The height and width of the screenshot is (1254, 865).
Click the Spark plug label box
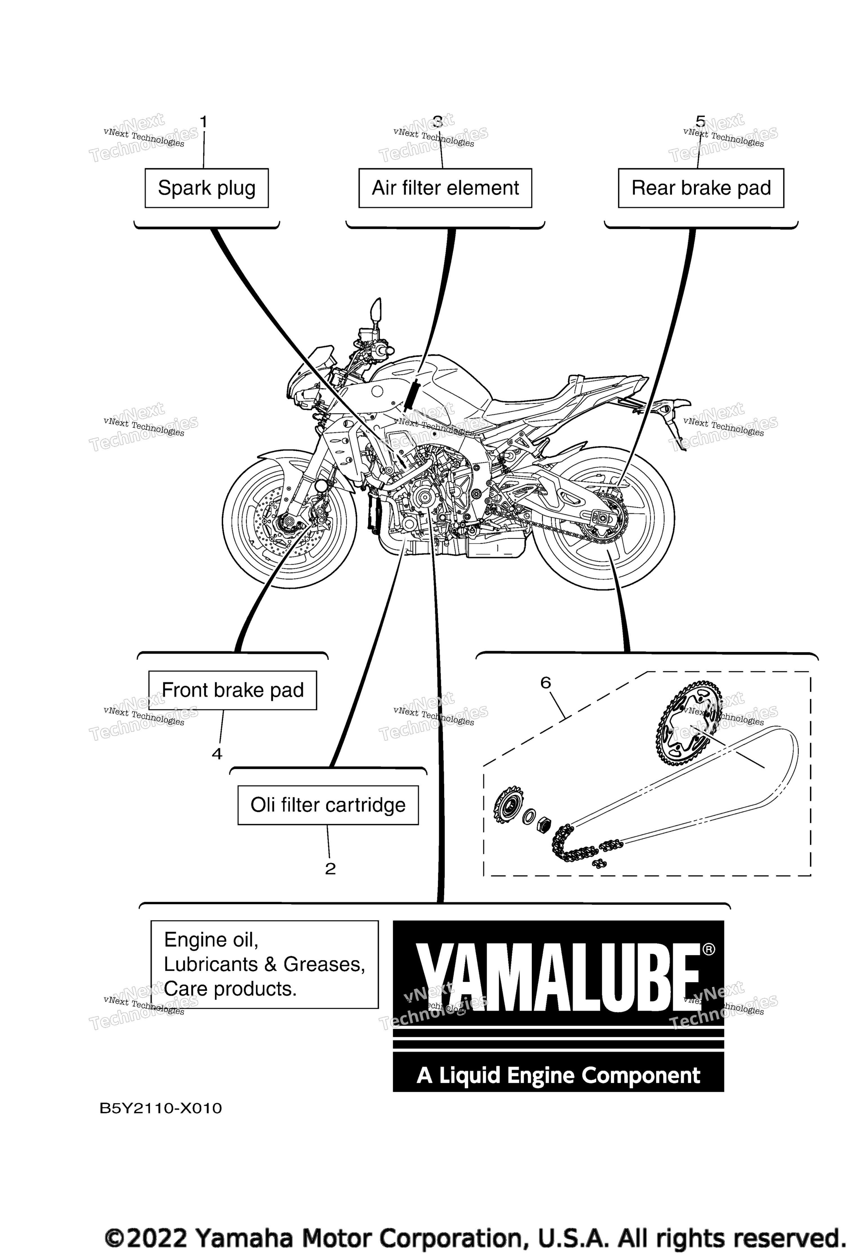(x=206, y=188)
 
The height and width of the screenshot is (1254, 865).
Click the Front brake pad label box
(x=233, y=690)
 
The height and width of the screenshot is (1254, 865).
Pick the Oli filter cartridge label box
(x=328, y=805)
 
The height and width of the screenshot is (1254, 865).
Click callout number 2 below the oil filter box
(x=330, y=869)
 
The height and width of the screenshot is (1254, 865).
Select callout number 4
(x=217, y=754)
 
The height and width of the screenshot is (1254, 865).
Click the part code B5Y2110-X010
(x=161, y=1109)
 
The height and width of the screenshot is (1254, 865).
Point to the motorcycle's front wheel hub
(x=287, y=523)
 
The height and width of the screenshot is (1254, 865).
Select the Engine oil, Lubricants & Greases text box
(x=264, y=965)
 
